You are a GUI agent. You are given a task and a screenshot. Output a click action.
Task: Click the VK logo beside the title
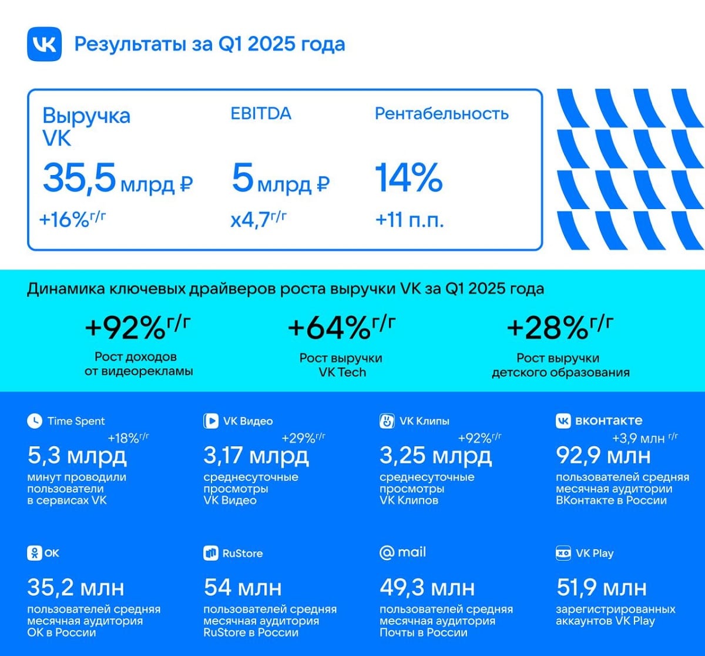44,44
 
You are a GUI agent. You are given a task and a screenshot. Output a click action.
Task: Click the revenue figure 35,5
79,179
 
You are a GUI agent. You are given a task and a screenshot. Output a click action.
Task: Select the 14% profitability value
408,179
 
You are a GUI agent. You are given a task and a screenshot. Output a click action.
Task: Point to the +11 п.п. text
409,221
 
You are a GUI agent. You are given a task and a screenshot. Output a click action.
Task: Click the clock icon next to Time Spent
35,420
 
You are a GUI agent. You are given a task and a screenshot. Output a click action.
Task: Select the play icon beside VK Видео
210,420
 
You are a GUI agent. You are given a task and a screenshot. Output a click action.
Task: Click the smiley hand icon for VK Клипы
387,420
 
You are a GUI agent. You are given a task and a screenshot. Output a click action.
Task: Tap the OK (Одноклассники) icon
35,553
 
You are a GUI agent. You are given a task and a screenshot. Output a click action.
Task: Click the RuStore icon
210,553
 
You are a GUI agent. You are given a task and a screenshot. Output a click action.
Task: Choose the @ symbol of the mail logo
387,553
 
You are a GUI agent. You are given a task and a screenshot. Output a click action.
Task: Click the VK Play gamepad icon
563,553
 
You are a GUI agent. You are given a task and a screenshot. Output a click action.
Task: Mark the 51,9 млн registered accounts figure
601,587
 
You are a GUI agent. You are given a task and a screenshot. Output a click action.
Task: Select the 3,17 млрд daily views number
256,455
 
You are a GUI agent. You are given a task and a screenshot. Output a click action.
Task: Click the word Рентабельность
442,113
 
